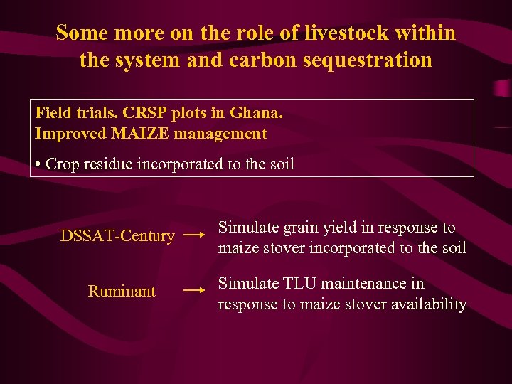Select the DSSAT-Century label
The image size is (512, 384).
[x=117, y=235]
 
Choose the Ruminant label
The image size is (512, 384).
[x=122, y=291]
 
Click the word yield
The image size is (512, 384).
[x=338, y=228]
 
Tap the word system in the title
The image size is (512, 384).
[x=145, y=60]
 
